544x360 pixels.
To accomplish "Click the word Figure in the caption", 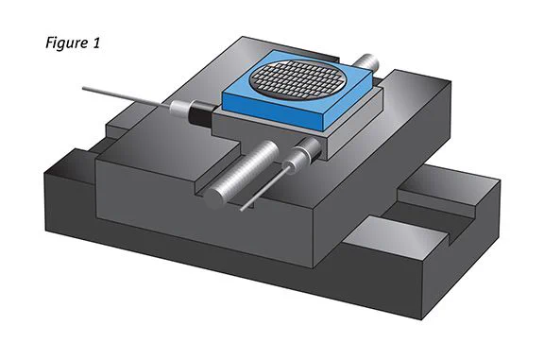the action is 67,43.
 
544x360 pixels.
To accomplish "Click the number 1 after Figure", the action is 96,43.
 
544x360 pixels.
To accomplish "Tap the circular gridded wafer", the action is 298,80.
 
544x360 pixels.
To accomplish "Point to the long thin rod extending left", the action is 126,95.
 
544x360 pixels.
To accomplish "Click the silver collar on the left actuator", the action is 179,109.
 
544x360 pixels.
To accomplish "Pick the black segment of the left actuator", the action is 200,113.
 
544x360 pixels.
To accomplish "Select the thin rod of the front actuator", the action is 264,189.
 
